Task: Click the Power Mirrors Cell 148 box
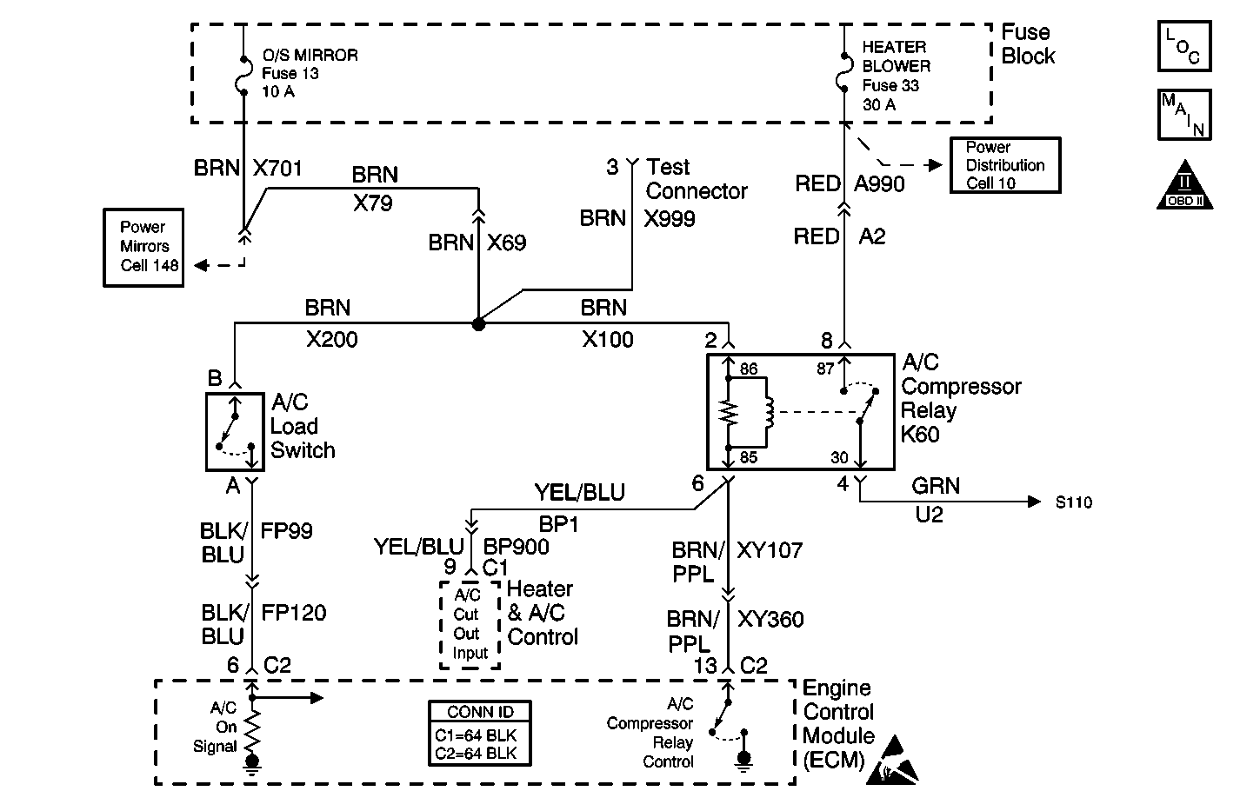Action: pos(143,247)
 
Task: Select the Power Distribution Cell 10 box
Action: pos(1004,165)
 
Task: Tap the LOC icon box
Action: pos(1183,46)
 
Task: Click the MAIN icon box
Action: pos(1183,114)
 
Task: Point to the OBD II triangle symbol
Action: pos(1183,186)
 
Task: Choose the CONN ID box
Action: pos(480,734)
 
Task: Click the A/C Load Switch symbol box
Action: pos(235,431)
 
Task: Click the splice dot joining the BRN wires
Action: pos(477,324)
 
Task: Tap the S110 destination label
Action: pos(1073,502)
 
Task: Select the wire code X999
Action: pos(670,219)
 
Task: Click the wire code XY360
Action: pos(770,620)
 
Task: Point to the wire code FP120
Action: pos(294,613)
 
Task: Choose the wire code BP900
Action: pos(516,547)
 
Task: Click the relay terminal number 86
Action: pos(749,369)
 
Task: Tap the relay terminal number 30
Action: pos(839,458)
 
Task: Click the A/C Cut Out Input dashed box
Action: pos(470,624)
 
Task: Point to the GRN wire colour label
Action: pos(936,486)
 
